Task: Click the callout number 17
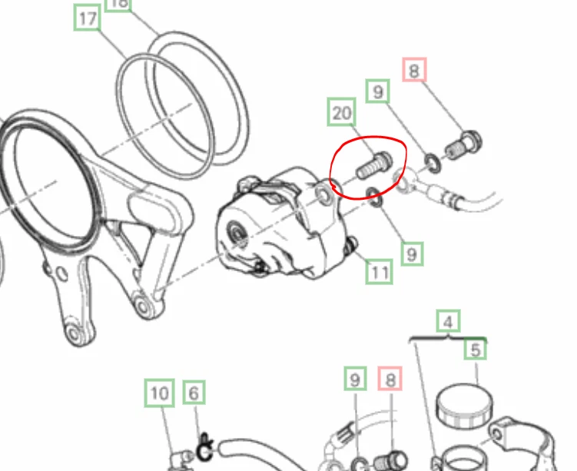tap(88, 18)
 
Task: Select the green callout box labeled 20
tap(342, 113)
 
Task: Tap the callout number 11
tap(380, 270)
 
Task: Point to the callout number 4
tap(449, 322)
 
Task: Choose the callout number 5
tap(476, 350)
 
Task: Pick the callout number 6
tap(194, 394)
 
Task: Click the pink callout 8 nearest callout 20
tap(413, 71)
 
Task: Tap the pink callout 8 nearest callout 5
tap(390, 379)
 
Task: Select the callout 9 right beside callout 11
tap(413, 252)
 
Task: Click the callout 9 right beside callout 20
tap(376, 92)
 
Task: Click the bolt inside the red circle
tap(373, 164)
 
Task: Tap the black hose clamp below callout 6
tap(204, 444)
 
